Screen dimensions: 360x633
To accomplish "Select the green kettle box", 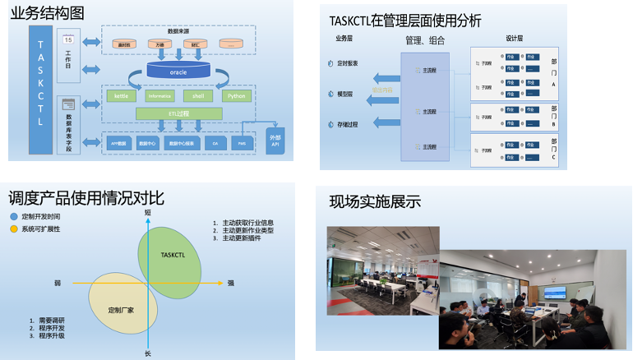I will pos(121,96).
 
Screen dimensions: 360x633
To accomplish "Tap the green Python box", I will pos(237,96).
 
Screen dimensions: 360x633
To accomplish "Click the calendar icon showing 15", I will pos(68,39).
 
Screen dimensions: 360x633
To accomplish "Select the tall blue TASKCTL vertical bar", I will pos(41,89).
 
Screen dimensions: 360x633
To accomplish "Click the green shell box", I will pos(197,96).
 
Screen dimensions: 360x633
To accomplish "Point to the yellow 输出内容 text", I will pos(383,90).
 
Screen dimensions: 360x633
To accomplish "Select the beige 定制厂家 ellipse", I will pos(122,304).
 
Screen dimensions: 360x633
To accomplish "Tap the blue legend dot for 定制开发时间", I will pos(13,216).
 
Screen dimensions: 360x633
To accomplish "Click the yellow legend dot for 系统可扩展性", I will pos(13,228).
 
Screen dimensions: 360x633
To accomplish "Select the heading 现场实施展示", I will pos(374,201).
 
